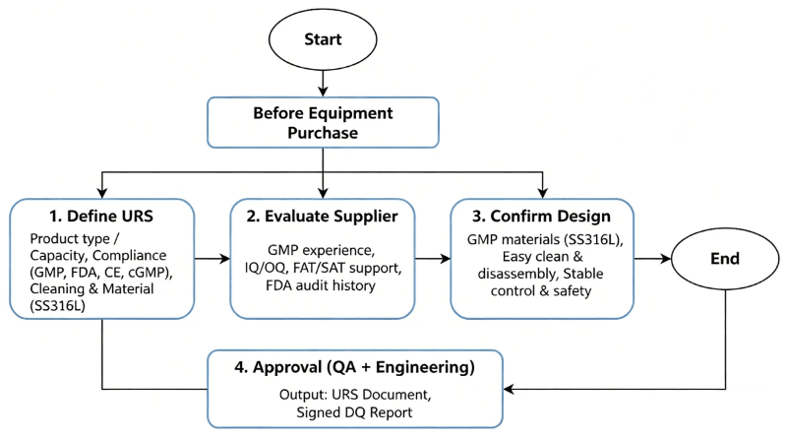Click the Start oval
(323, 41)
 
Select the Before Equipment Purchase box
(323, 121)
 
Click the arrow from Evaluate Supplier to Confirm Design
(433, 260)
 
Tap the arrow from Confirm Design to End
(651, 260)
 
